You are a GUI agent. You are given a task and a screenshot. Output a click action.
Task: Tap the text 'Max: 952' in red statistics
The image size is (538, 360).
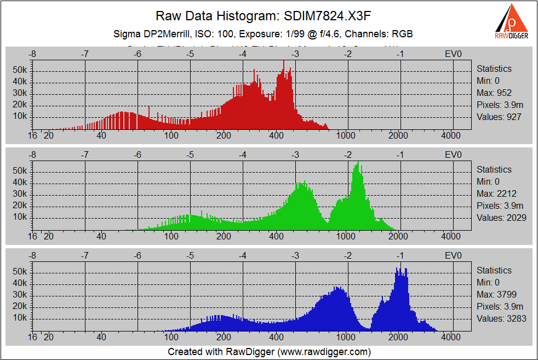[x=494, y=93]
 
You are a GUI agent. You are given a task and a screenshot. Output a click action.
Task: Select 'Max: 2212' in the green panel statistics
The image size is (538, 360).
[x=496, y=193]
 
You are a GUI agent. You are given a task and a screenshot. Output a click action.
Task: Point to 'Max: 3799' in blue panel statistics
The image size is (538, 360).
[x=496, y=294]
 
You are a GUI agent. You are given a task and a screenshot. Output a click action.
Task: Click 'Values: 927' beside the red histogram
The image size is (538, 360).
[x=499, y=117]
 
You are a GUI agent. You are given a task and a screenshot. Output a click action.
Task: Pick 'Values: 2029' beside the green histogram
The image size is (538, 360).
[x=501, y=218]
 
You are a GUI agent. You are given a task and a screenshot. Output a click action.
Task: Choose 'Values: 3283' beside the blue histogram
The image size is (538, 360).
[x=501, y=318]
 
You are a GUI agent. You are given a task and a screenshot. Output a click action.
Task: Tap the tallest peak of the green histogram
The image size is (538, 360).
[x=358, y=163]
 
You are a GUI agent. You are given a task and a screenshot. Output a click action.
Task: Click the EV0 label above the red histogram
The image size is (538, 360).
[x=453, y=54]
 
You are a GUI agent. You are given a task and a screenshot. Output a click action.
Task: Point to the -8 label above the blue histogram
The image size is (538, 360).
[x=32, y=255]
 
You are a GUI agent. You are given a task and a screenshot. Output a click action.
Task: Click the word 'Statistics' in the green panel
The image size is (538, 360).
[x=494, y=169]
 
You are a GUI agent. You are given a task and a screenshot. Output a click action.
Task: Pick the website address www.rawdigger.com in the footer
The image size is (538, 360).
[x=323, y=351]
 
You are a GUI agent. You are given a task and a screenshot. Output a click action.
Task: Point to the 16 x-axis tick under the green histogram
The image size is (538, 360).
[x=32, y=237]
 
